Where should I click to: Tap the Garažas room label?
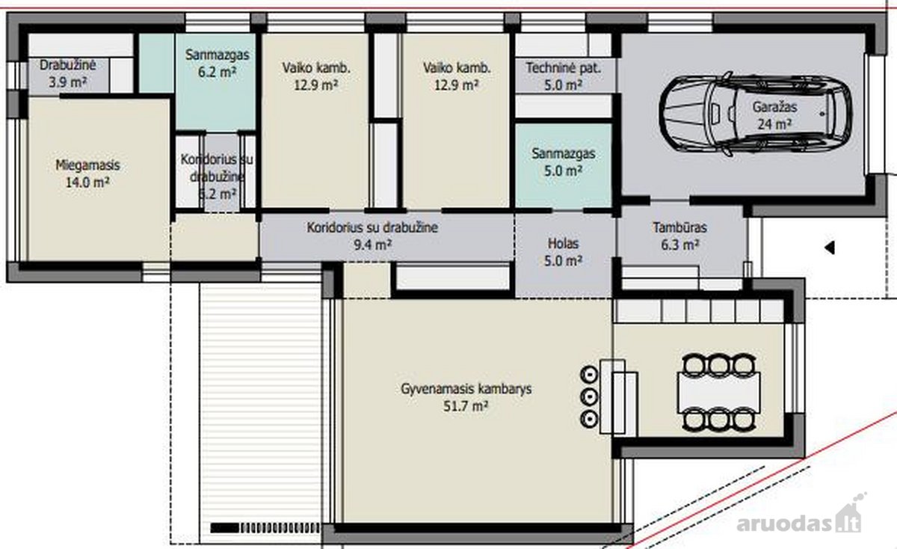pos(774,107)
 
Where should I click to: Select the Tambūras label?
pos(679,227)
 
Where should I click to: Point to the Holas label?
pos(563,244)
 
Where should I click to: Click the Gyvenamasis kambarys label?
pos(466,389)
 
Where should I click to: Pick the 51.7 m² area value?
pos(465,406)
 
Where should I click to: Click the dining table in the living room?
pos(719,393)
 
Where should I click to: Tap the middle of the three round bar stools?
pos(589,396)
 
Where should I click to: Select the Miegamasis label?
pos(87,165)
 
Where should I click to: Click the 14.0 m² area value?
pos(87,183)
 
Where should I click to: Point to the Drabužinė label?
pos(68,65)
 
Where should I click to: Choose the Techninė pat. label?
pos(563,68)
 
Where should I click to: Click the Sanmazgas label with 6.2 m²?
pos(217,55)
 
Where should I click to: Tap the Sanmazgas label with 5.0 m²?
pos(563,153)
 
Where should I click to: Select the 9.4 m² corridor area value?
pos(372,245)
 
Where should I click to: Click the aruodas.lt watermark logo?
pos(799,519)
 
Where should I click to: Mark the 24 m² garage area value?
pos(774,124)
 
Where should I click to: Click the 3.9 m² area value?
pos(68,82)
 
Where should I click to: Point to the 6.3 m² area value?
pos(679,245)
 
